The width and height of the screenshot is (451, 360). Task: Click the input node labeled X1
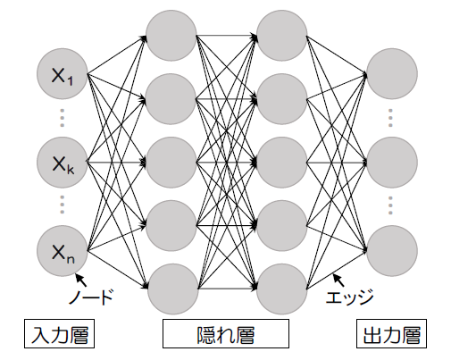click(63, 73)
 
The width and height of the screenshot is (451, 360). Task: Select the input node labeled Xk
click(63, 163)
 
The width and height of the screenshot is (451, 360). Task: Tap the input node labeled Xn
click(63, 251)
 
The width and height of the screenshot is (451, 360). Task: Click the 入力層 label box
click(59, 333)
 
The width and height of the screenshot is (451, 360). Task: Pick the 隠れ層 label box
click(226, 333)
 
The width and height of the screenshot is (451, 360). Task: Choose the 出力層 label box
click(391, 333)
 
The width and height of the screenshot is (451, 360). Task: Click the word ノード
click(91, 297)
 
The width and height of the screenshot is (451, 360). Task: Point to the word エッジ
click(349, 297)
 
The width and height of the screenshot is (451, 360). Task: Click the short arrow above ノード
click(81, 280)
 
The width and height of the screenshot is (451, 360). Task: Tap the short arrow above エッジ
click(338, 280)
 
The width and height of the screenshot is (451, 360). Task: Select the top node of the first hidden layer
click(171, 36)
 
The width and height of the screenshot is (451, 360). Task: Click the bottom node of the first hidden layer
click(173, 289)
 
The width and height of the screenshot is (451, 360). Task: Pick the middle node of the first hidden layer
click(171, 163)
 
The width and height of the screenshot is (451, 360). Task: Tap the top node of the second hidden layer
click(282, 36)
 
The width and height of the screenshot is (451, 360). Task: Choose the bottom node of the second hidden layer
click(282, 289)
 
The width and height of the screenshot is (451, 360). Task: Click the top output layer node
click(392, 73)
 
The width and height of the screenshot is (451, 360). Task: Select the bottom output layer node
click(392, 251)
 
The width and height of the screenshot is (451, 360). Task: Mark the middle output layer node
click(392, 163)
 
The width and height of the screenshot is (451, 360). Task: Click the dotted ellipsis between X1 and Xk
click(62, 118)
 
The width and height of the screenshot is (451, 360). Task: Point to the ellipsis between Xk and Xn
click(62, 205)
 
